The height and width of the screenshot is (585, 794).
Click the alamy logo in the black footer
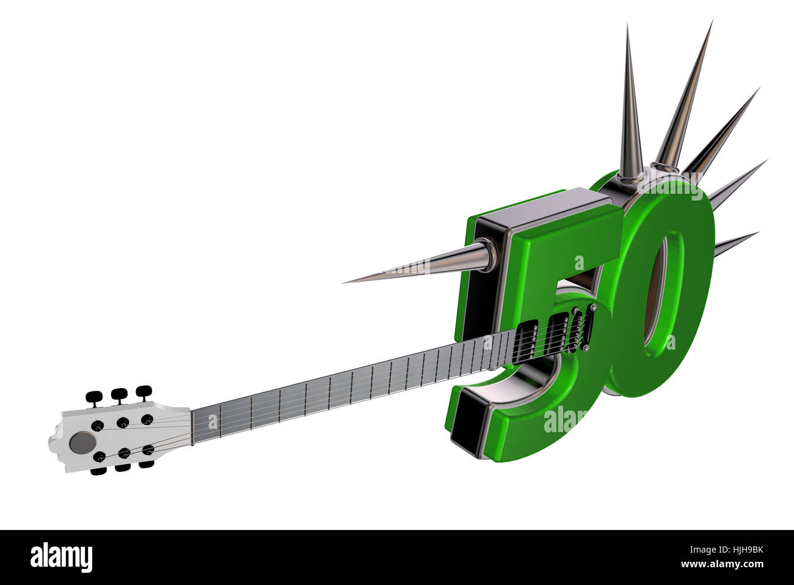[61, 557]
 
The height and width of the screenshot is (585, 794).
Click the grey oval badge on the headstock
[81, 442]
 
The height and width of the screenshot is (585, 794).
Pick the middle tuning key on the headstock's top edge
[119, 394]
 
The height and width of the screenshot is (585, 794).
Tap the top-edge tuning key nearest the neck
[144, 391]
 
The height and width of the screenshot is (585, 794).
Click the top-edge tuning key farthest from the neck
[94, 397]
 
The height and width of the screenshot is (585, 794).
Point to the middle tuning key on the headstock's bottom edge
[122, 468]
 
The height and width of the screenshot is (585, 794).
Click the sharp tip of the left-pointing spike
[344, 282]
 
